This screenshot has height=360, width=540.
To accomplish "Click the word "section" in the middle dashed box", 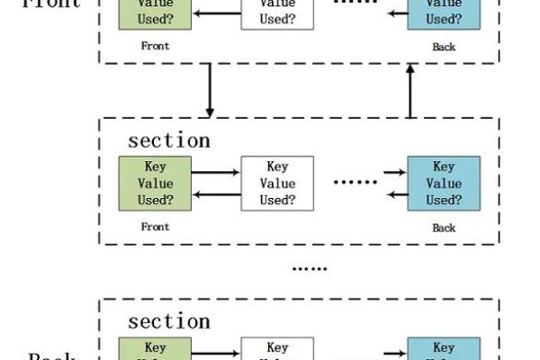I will tap(169, 140).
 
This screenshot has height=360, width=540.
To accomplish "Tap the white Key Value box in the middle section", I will tap(277, 183).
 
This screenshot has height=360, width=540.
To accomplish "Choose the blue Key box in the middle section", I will tap(444, 183).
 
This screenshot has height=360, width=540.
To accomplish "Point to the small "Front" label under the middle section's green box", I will tap(155, 227).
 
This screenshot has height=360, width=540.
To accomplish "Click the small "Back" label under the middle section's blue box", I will tap(444, 228).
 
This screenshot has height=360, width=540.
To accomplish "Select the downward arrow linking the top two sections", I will tap(210, 89).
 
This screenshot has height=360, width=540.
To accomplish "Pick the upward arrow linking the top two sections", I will tap(411, 90).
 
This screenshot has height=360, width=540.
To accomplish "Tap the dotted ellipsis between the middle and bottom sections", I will tap(310, 268).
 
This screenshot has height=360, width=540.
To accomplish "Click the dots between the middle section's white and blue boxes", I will tap(355, 183).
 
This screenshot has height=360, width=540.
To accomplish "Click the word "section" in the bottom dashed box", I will tap(169, 321).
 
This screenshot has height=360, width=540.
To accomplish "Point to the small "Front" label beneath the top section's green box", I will tap(155, 45).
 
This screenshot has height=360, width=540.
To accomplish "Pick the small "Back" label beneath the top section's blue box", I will tap(444, 46).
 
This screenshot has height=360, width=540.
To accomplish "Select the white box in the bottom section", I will tap(277, 350).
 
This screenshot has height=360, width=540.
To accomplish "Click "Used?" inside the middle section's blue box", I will tap(444, 199).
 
